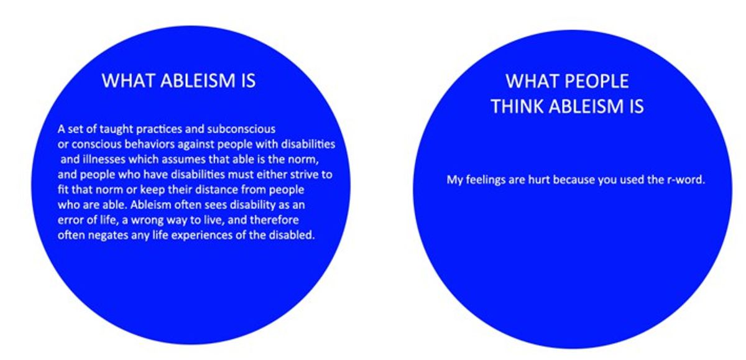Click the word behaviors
click(x=145, y=144)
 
